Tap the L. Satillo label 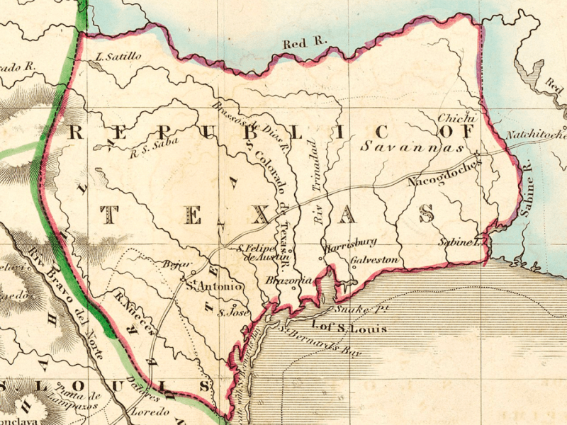pos(117,55)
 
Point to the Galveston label pos(374,260)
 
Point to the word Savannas pos(411,148)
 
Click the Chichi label pos(455,118)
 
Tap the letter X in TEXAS pos(262,215)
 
